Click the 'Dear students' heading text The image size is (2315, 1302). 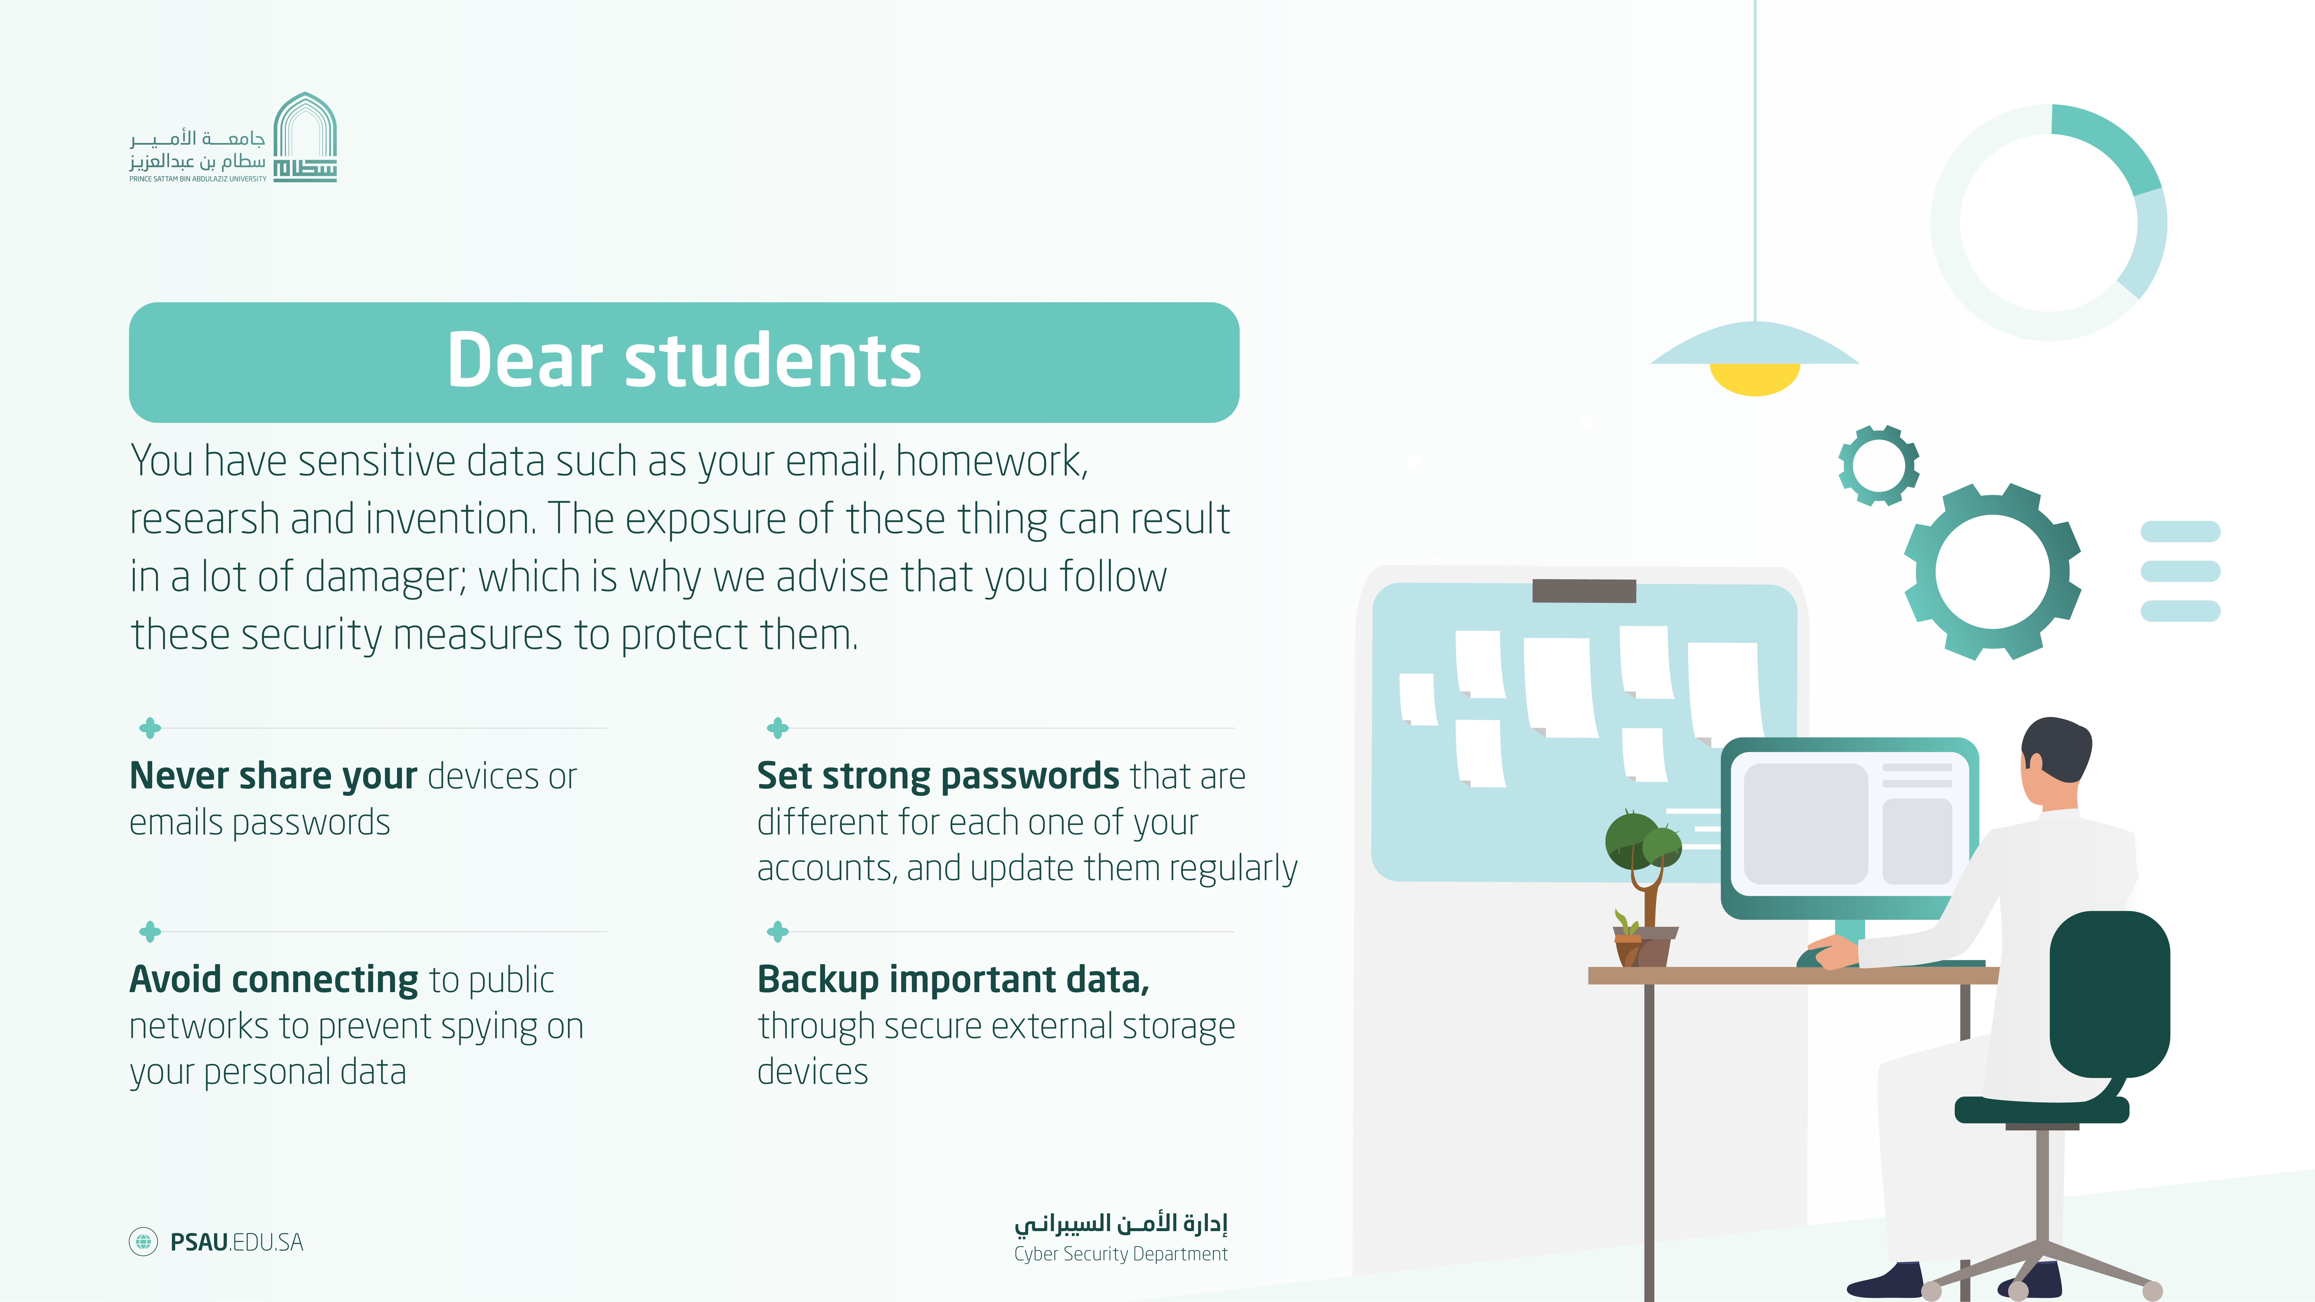pos(684,360)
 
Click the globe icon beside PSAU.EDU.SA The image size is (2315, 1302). pos(143,1242)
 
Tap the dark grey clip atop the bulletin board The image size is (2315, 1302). pos(1583,590)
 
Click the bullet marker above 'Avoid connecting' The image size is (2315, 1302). pos(150,932)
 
